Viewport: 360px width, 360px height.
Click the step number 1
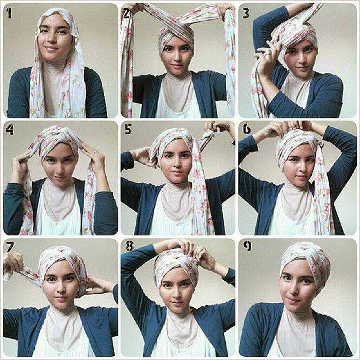[9, 13]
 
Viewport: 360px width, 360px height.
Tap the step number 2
[127, 14]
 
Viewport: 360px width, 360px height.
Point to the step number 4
[10, 130]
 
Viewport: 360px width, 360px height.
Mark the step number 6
[247, 130]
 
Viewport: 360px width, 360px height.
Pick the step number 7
[10, 247]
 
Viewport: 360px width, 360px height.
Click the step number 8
[130, 246]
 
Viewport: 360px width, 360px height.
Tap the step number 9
[247, 246]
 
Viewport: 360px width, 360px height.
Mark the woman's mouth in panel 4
[57, 177]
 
